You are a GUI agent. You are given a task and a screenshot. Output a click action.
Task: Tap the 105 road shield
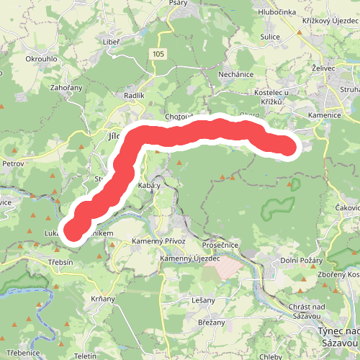click(158, 55)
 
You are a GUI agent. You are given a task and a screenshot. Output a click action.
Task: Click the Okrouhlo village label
click(40, 58)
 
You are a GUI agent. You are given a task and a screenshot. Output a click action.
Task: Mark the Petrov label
click(14, 163)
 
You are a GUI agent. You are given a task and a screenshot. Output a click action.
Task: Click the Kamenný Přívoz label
click(159, 241)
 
